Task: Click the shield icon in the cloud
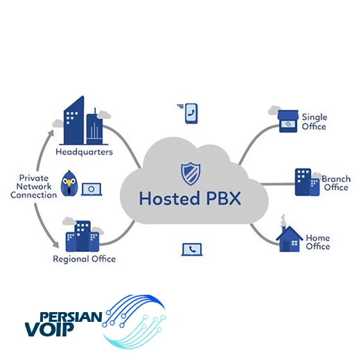191,173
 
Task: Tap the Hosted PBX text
190,198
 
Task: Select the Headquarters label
84,152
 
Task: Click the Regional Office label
85,259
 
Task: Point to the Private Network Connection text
34,187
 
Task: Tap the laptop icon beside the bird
91,189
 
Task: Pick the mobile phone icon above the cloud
191,113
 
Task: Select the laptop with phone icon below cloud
192,250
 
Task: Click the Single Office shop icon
288,121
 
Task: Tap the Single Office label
315,122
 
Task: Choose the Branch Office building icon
307,182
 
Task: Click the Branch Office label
336,183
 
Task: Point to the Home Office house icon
290,239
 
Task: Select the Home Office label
318,242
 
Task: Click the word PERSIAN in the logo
71,316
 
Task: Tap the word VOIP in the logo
49,329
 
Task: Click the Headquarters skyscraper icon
83,121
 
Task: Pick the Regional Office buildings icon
82,236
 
